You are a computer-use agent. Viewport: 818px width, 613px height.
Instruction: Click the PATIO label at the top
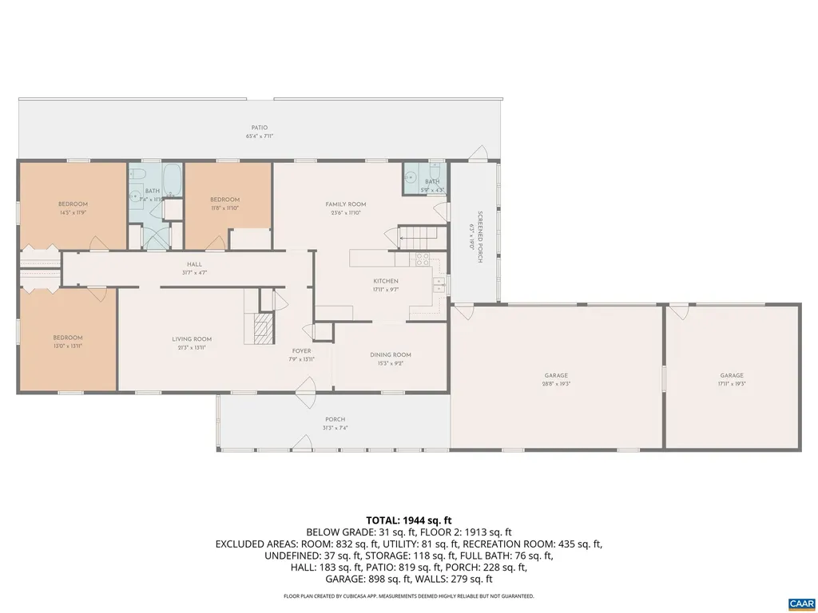point(259,128)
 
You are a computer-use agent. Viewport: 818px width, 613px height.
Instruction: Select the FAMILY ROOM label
point(345,204)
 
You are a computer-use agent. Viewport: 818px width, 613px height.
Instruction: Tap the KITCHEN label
point(386,281)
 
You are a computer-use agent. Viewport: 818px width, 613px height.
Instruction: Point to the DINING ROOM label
point(391,355)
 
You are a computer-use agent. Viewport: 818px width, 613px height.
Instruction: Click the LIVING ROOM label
point(192,339)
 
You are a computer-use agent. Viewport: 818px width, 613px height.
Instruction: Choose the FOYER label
point(301,351)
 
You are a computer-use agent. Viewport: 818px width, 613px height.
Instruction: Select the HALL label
point(194,264)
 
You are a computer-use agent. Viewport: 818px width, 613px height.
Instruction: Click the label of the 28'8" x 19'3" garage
point(556,375)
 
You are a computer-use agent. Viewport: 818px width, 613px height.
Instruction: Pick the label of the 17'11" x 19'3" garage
point(732,375)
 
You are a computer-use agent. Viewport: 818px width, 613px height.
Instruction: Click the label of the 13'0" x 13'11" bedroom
point(68,338)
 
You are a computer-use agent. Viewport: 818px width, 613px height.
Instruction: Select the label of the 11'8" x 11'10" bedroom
point(224,200)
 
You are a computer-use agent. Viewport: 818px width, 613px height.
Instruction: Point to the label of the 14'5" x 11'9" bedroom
point(73,204)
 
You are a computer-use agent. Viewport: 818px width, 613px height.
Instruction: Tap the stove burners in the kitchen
point(423,259)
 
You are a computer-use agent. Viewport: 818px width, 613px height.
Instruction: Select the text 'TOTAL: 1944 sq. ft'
point(408,520)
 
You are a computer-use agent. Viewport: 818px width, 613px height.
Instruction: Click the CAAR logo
point(800,603)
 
